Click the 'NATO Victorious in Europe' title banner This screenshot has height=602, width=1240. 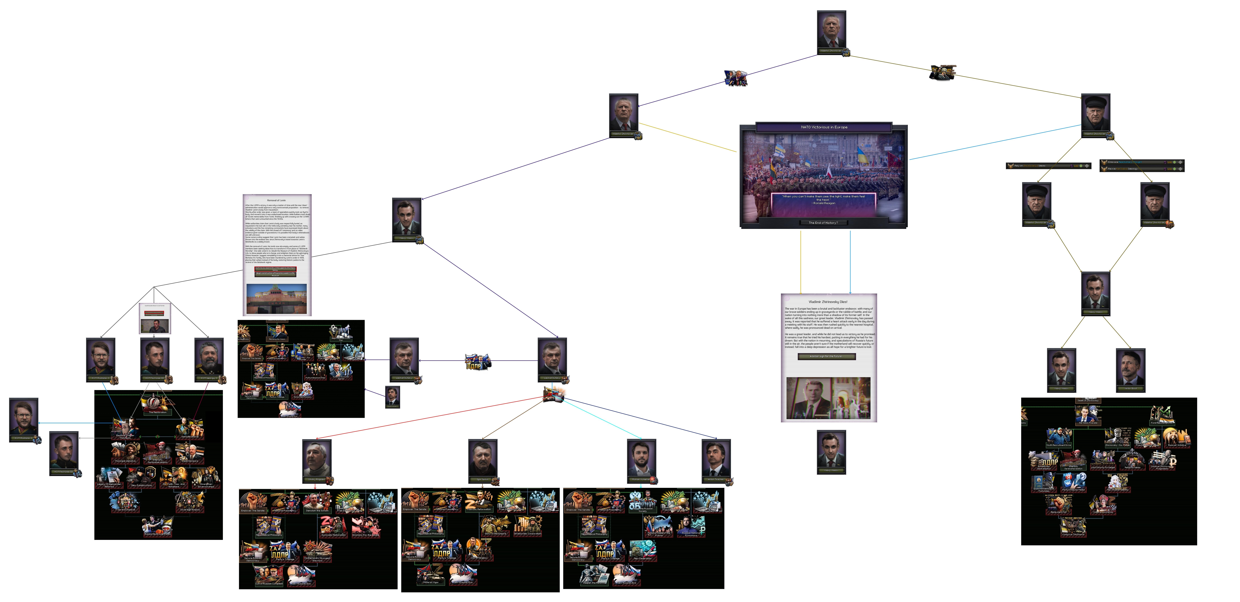[824, 127]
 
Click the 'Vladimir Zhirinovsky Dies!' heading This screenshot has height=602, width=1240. [828, 302]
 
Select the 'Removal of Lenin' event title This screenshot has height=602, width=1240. [276, 200]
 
